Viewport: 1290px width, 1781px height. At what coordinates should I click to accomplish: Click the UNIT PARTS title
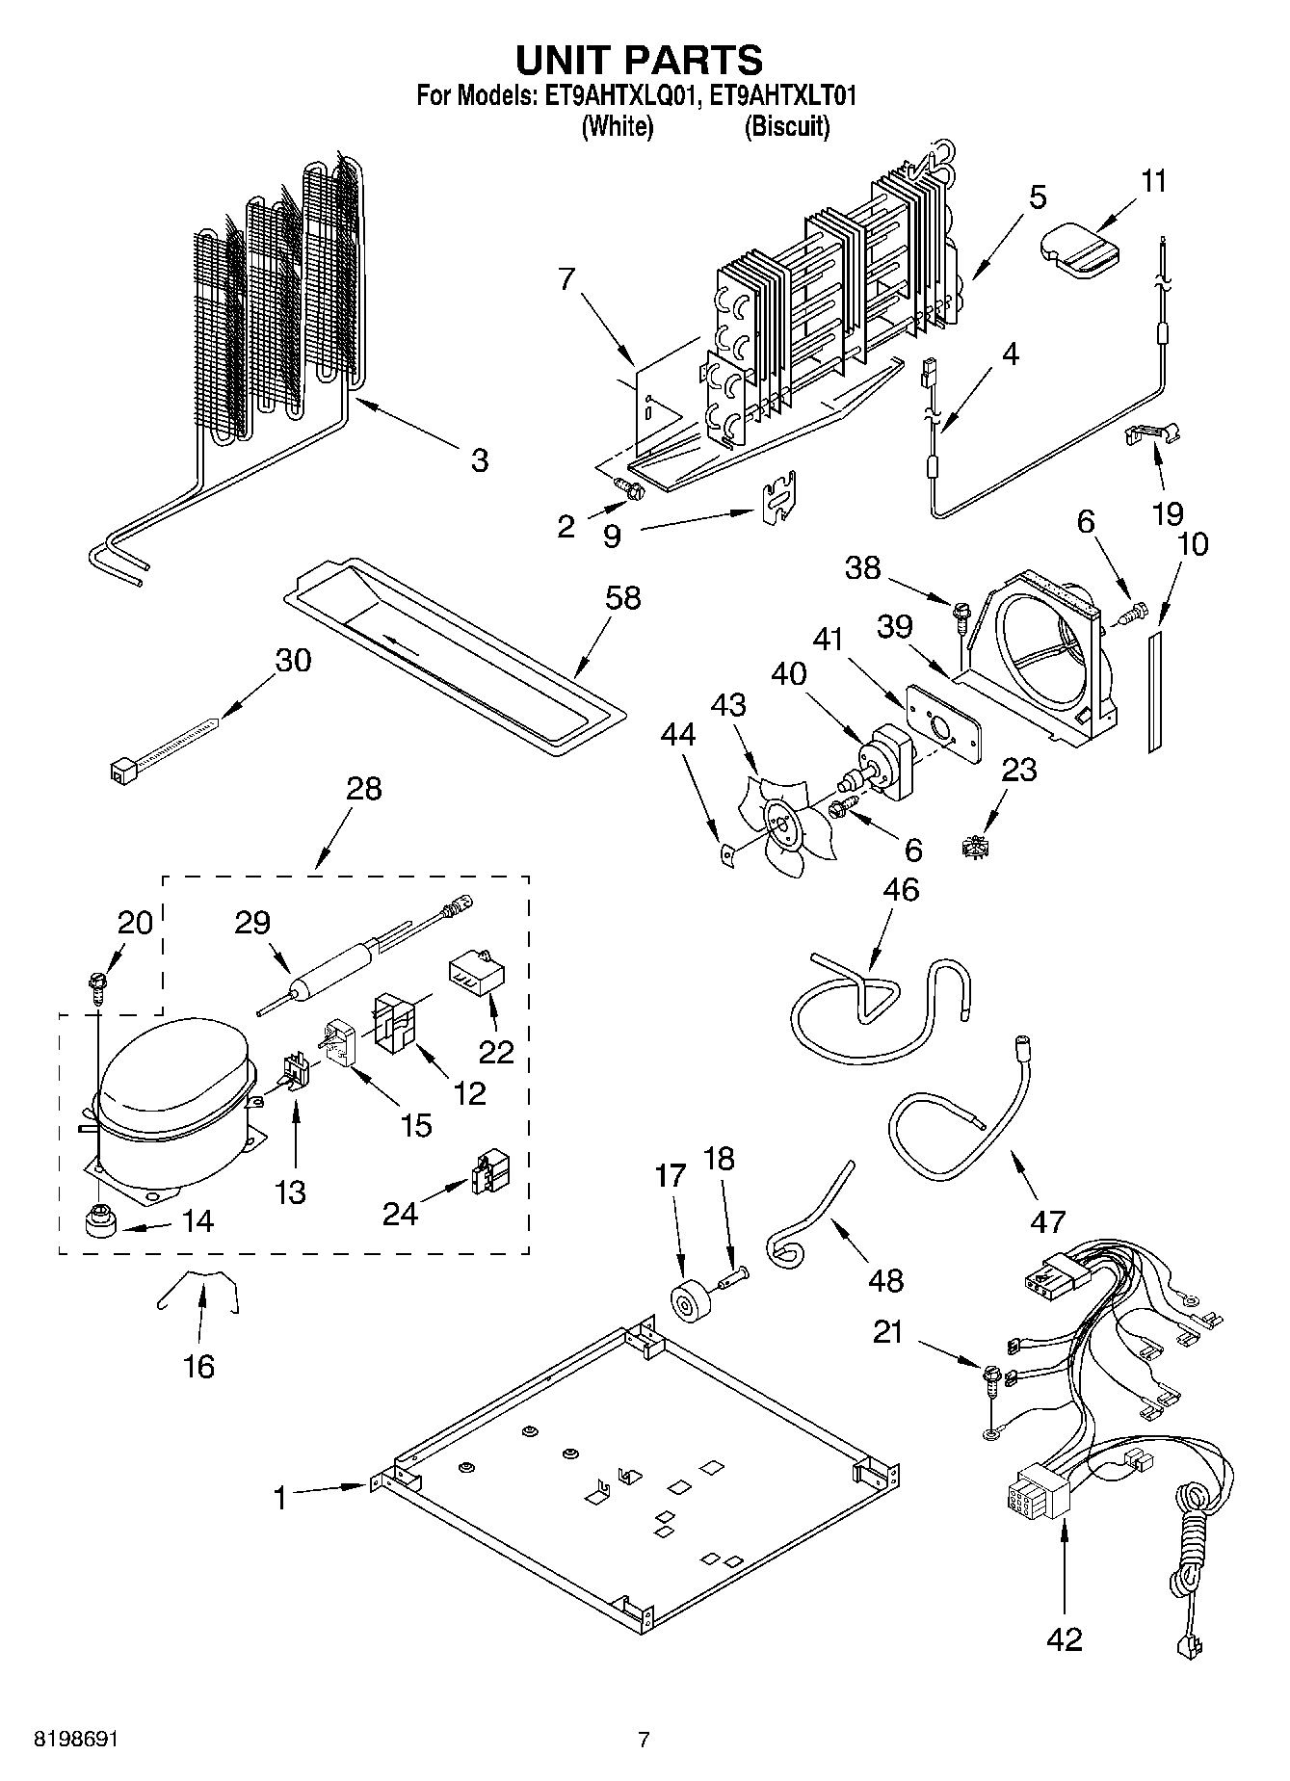[639, 60]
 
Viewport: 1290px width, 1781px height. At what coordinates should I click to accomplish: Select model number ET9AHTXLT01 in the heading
[781, 95]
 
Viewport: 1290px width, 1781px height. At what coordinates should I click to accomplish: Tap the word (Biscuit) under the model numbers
[786, 126]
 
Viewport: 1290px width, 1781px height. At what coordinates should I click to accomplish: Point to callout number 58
[622, 598]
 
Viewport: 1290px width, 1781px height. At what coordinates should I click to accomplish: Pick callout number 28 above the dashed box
[363, 789]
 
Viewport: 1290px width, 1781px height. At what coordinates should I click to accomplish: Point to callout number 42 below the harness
[1064, 1638]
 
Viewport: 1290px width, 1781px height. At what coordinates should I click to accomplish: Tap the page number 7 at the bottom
[644, 1740]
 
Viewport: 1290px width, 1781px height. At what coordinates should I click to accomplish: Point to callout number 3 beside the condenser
[479, 460]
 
